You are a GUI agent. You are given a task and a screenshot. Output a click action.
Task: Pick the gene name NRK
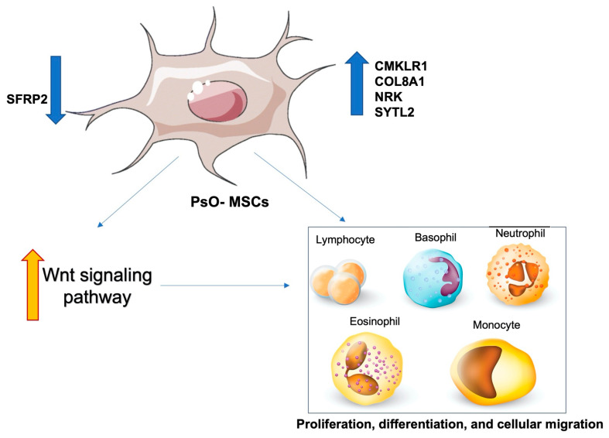(387, 96)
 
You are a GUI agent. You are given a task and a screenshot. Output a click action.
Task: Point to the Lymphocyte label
(345, 241)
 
